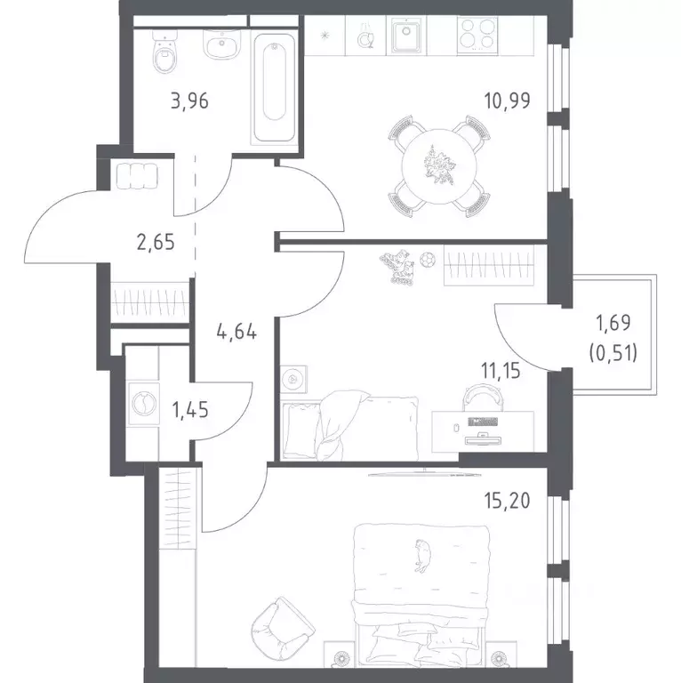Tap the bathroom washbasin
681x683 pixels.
(x=221, y=44)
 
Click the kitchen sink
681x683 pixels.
(x=406, y=36)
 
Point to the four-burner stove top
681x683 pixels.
(x=477, y=35)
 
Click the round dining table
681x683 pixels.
(x=439, y=166)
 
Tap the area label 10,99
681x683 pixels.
(x=508, y=101)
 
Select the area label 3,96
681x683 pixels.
(x=189, y=101)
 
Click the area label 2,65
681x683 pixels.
(x=156, y=242)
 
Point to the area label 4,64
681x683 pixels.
(x=236, y=333)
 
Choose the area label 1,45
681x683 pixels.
(x=190, y=410)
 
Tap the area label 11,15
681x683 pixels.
(x=501, y=372)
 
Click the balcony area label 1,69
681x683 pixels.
(x=613, y=323)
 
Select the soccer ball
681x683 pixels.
(x=428, y=260)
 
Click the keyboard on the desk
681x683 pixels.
(x=483, y=422)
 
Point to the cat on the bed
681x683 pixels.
(x=421, y=555)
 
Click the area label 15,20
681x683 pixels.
(x=508, y=501)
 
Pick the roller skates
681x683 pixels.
(x=397, y=268)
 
